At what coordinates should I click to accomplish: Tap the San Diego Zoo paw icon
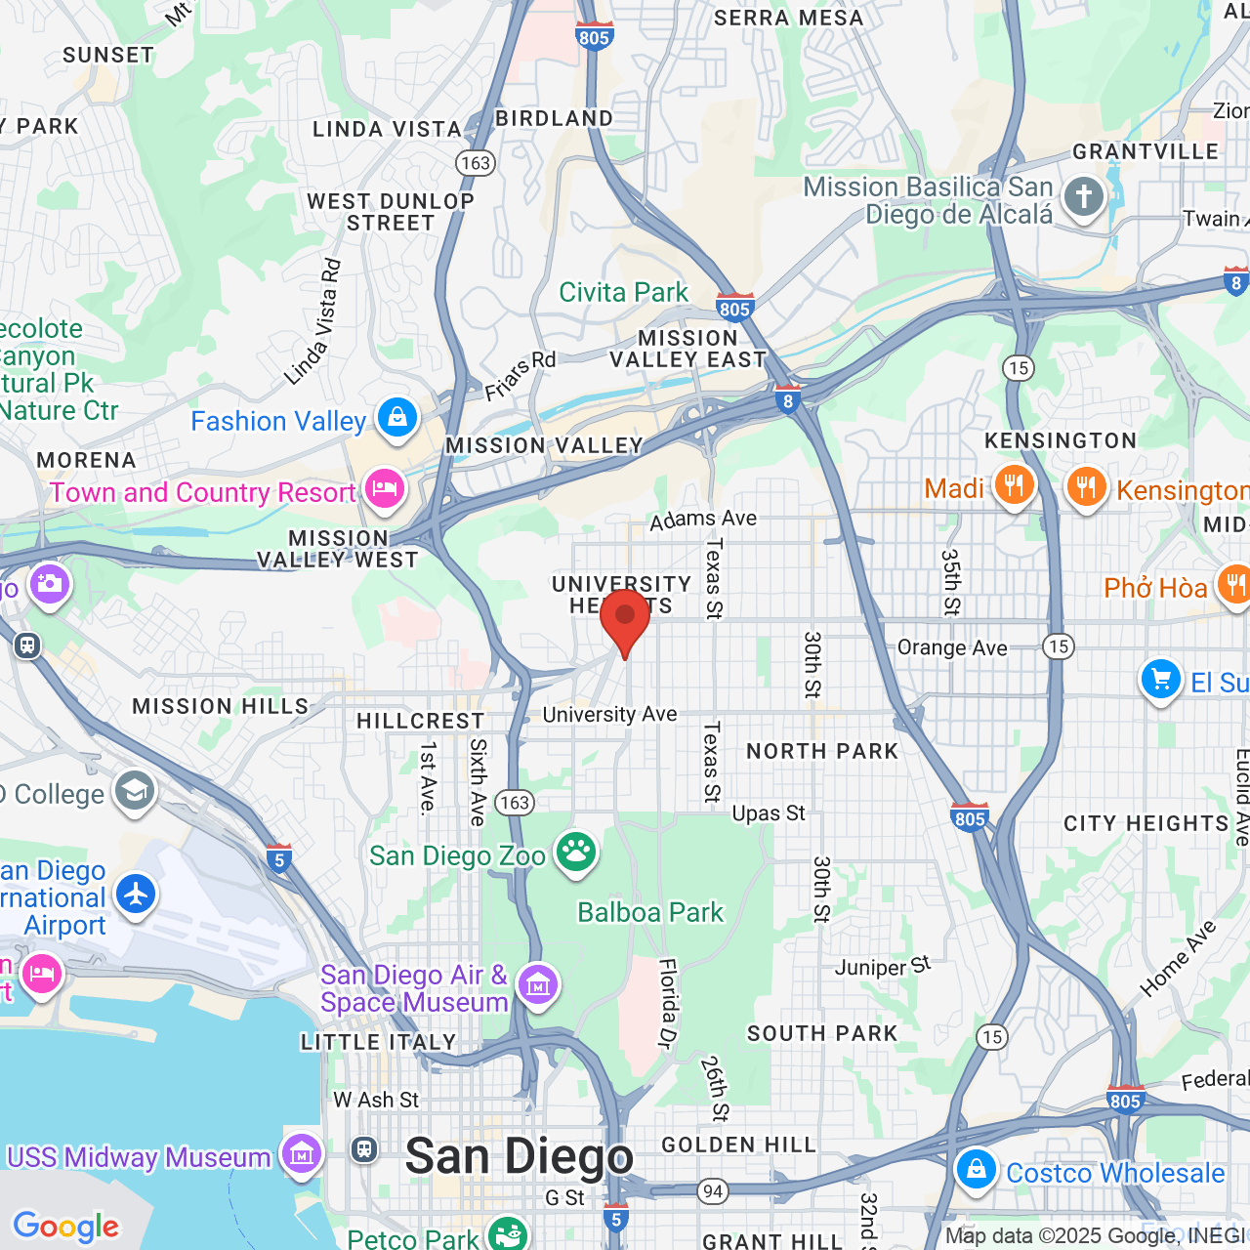coord(576,853)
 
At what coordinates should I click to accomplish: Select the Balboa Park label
coord(650,912)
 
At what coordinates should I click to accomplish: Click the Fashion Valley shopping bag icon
coord(396,418)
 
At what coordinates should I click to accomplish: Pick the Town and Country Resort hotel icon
coord(384,488)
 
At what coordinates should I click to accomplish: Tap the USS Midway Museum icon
coord(301,1155)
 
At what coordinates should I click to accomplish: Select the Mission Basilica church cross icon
coord(1083,196)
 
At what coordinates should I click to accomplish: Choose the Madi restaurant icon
coord(1014,485)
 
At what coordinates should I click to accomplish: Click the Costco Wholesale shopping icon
coord(975,1169)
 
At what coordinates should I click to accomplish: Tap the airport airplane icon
coord(136,894)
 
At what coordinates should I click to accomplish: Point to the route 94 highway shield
coord(713,1190)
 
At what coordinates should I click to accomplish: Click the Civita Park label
coord(623,292)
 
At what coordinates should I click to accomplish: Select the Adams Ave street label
coord(703,519)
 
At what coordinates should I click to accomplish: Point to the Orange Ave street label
coord(952,648)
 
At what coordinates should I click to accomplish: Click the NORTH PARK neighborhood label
coord(821,751)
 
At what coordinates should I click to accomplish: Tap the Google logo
coord(66,1227)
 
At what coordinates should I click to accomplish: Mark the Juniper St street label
coord(883,967)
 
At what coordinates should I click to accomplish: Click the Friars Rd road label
coord(521,375)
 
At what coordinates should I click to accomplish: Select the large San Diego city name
coord(520,1157)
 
